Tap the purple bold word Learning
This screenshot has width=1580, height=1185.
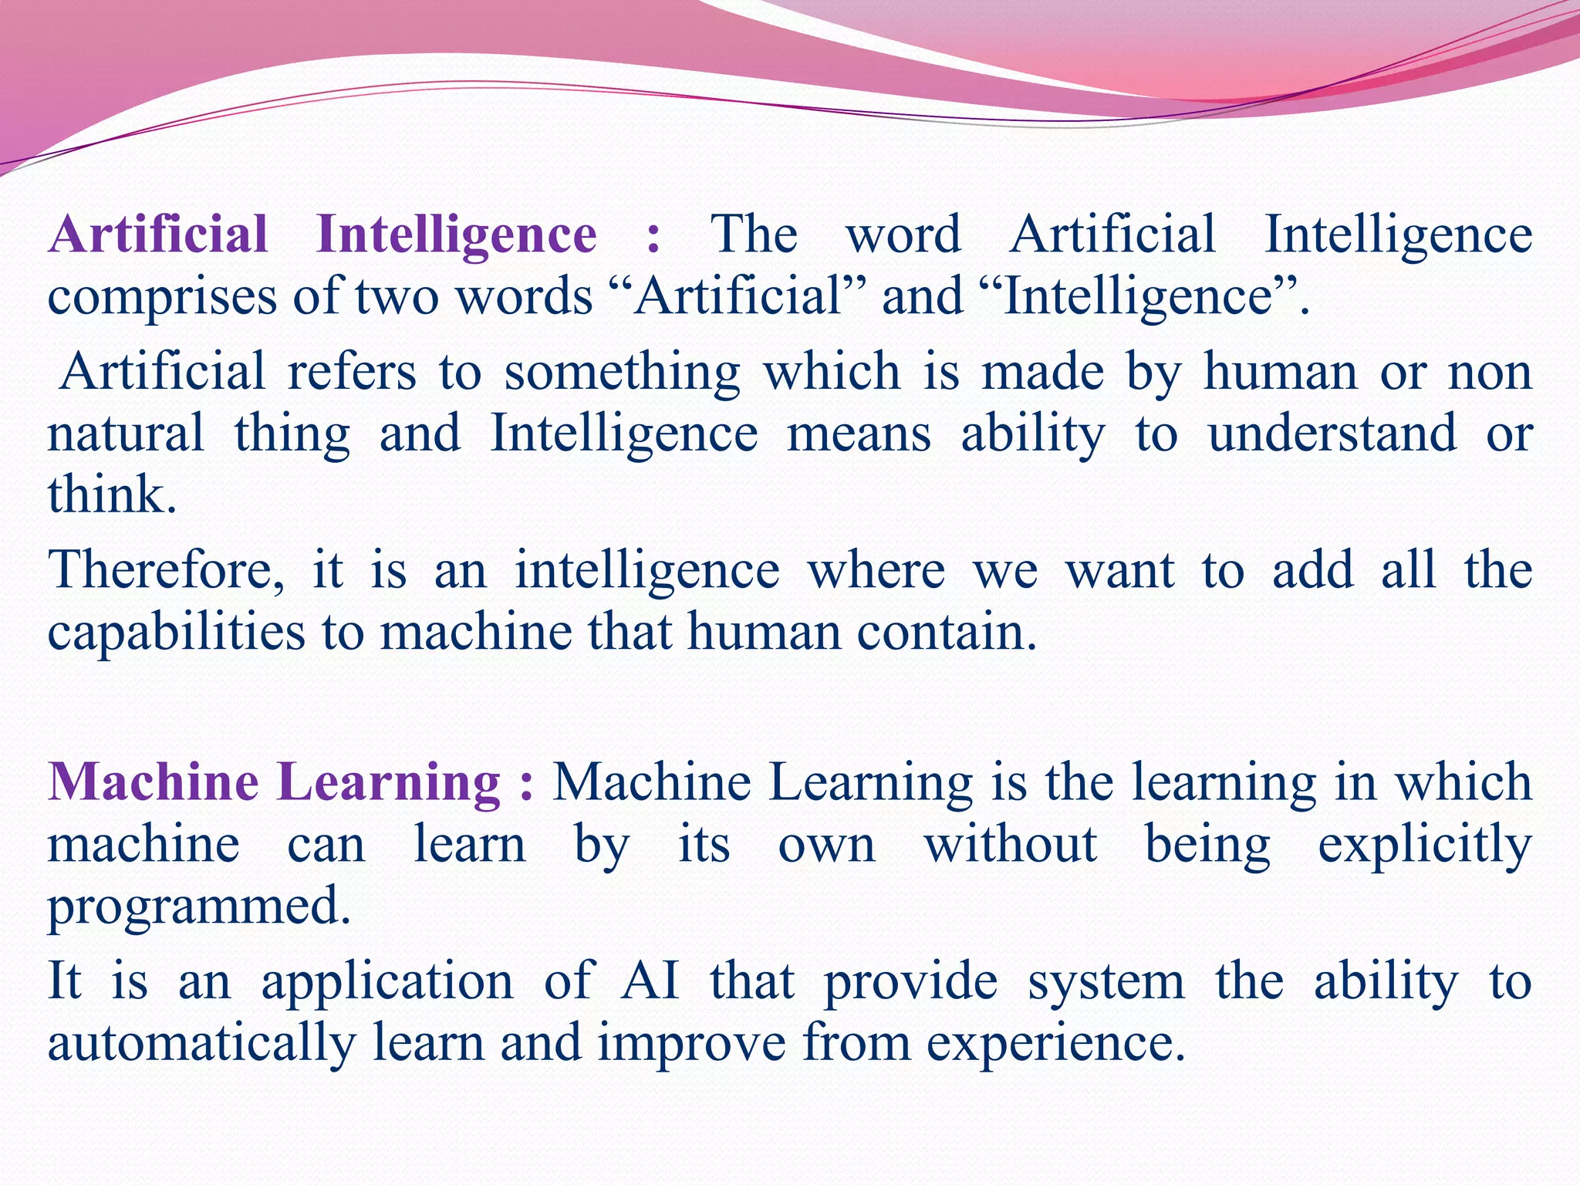394,783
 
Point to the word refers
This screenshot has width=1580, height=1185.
352,371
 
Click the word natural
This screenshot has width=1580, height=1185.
126,433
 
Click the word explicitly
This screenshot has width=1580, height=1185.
1424,846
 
